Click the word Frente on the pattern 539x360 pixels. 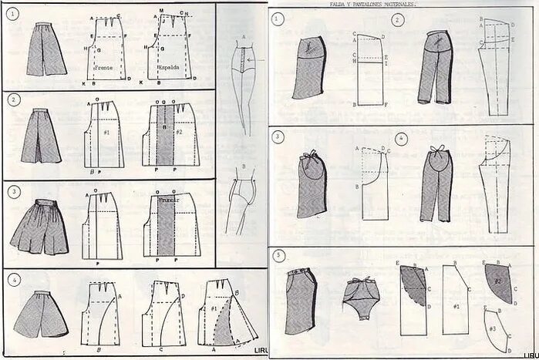click(x=103, y=67)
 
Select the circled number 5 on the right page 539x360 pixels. click(x=278, y=256)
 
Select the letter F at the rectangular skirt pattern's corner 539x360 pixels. click(x=386, y=106)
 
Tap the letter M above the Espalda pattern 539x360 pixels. click(x=160, y=10)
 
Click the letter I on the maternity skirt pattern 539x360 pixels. click(x=386, y=65)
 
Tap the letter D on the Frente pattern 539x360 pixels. click(x=129, y=79)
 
